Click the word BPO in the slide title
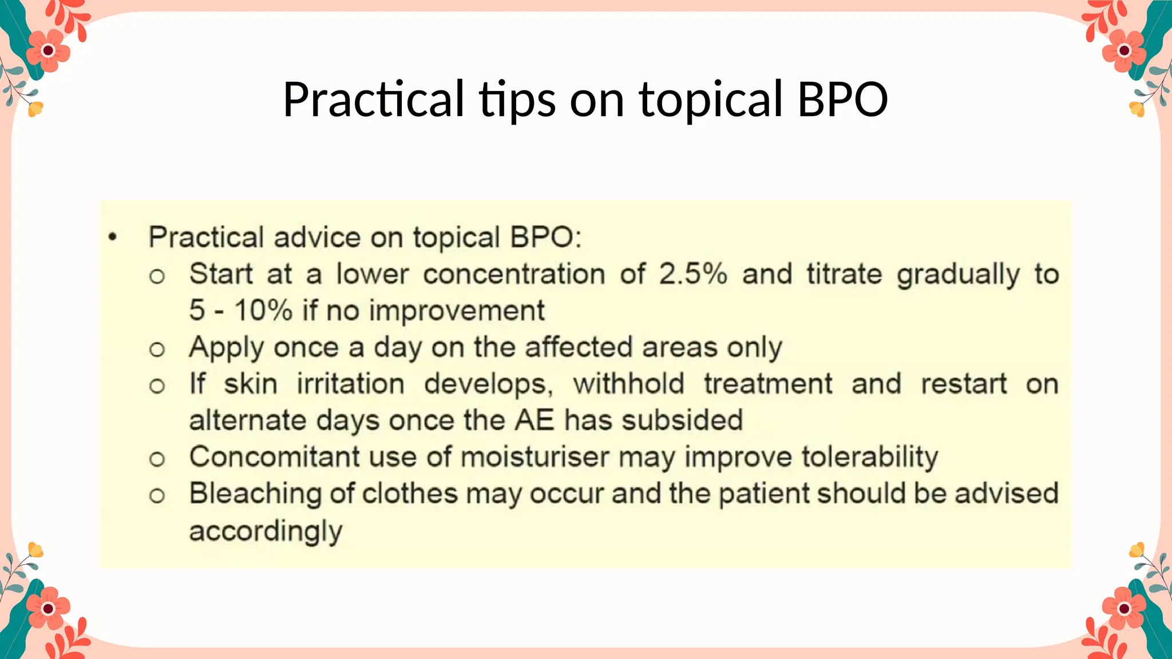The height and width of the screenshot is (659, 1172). coord(842,99)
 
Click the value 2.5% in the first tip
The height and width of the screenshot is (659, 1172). coord(692,274)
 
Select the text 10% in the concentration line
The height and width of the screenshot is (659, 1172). coord(263,311)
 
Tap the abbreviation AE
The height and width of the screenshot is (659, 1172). coord(534,420)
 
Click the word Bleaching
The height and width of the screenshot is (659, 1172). coord(255,494)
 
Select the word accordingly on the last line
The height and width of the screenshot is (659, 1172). coord(266,531)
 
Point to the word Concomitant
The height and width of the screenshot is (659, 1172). coord(274,457)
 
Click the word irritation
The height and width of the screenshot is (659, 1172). coord(350,384)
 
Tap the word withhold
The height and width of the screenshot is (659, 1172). coord(628,384)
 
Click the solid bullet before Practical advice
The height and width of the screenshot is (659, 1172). coord(113,237)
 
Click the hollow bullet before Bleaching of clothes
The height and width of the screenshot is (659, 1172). coord(157,496)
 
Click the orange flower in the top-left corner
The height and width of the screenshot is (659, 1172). coord(49,51)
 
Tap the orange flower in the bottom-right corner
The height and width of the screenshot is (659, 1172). coord(1124,608)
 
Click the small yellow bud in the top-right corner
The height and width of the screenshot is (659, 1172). coord(1137,109)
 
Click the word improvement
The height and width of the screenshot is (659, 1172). coord(457,311)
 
